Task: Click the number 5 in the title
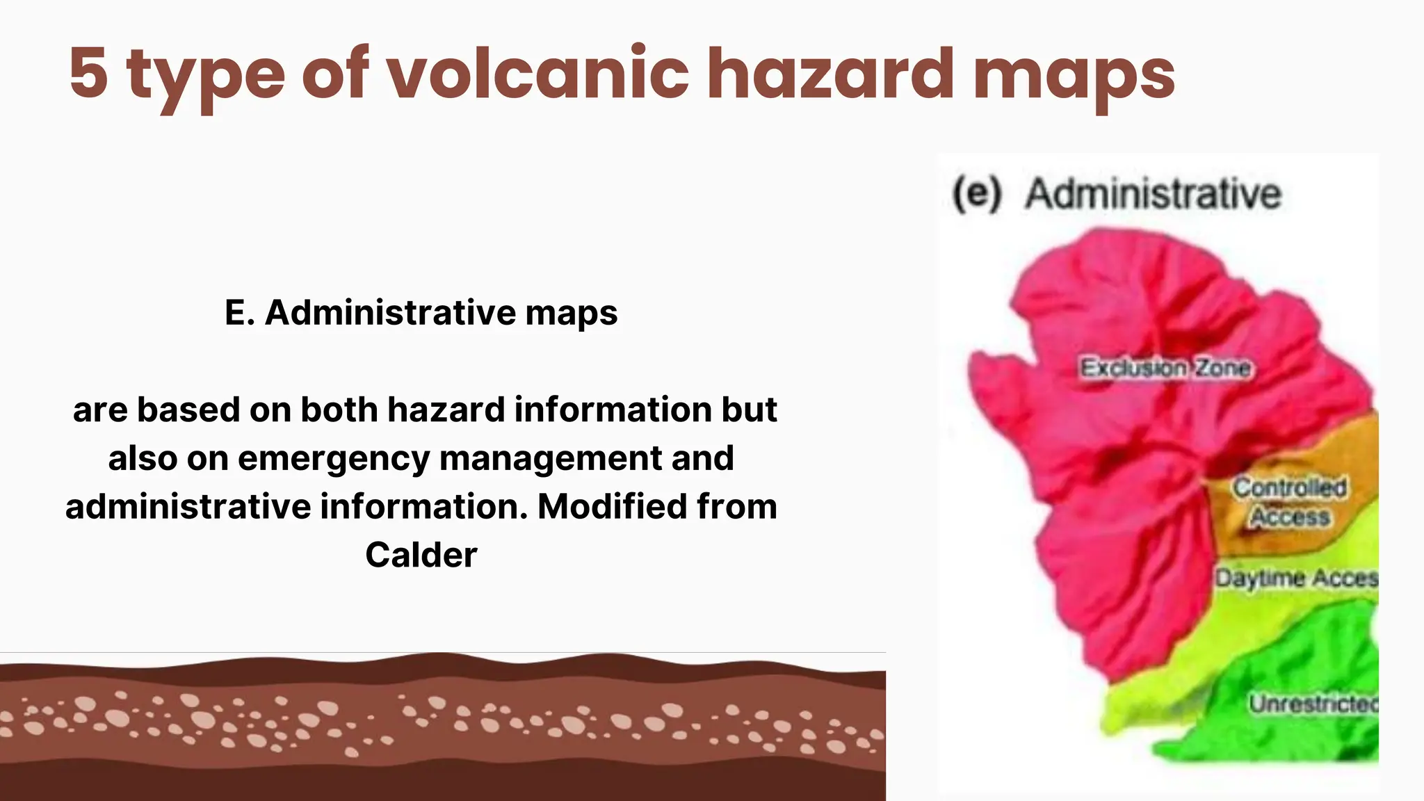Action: [x=89, y=72]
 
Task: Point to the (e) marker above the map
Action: [x=977, y=193]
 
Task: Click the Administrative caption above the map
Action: [x=1153, y=193]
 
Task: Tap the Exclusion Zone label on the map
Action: [x=1165, y=367]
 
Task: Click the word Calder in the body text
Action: [x=421, y=555]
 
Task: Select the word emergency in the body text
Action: [x=334, y=459]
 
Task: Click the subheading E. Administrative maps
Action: [x=421, y=312]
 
